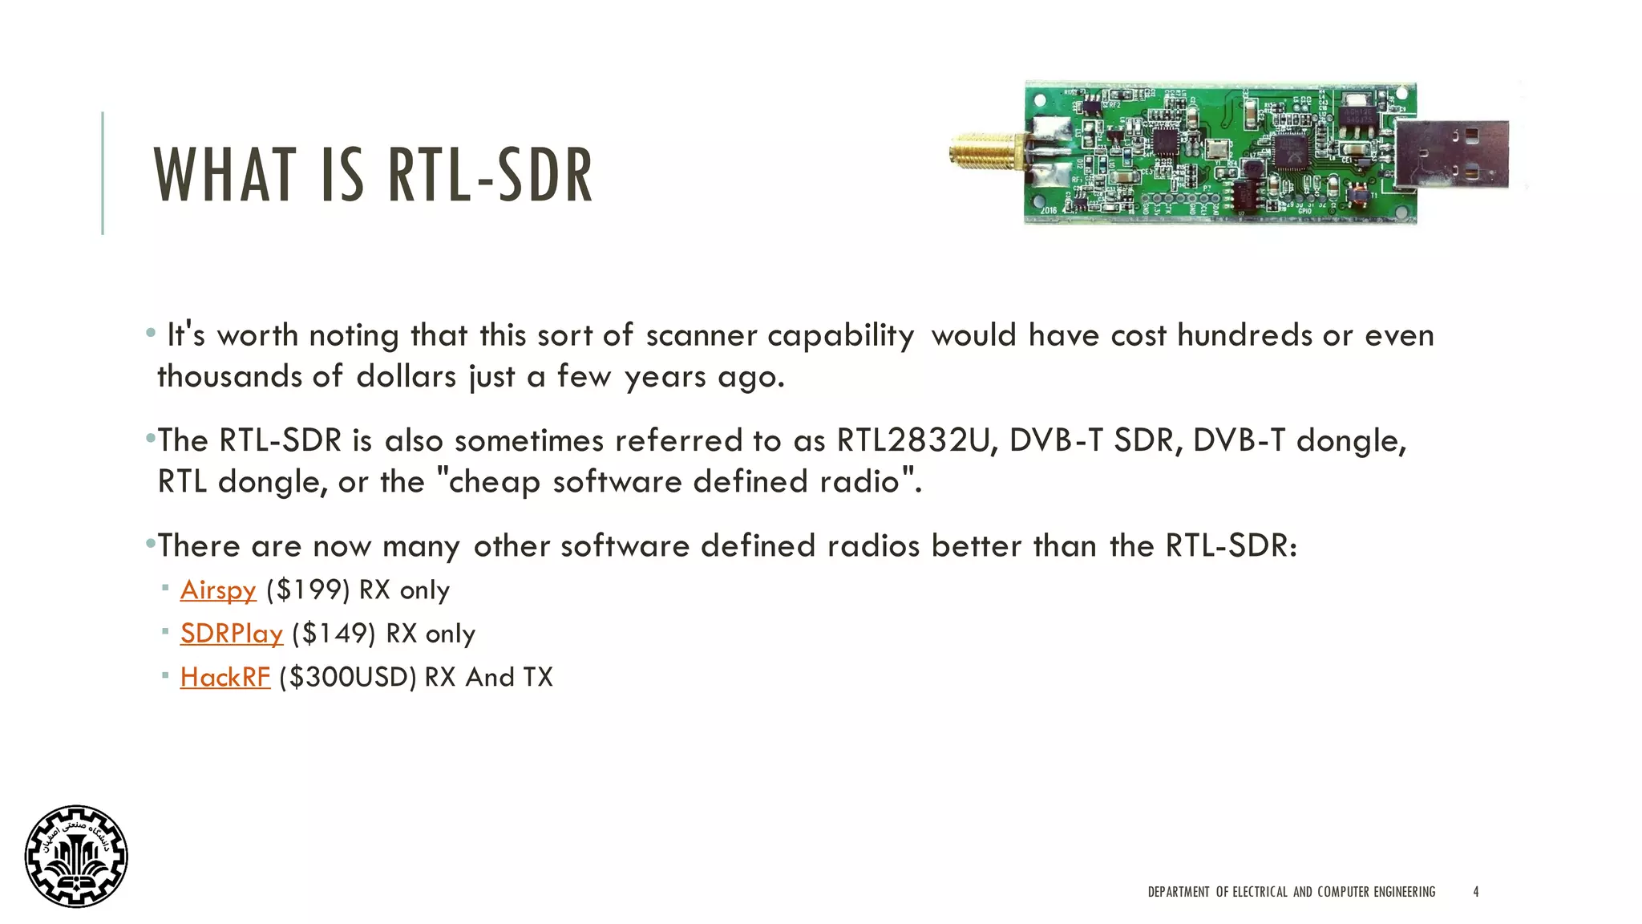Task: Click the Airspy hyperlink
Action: point(217,590)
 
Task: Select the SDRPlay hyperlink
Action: point(231,634)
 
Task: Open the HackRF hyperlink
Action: point(224,678)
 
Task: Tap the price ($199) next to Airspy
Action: point(308,590)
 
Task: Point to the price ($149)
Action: point(334,634)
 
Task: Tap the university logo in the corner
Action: point(76,856)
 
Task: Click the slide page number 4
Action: point(1476,892)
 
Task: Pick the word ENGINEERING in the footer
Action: point(1404,892)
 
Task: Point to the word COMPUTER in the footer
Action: point(1343,892)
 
